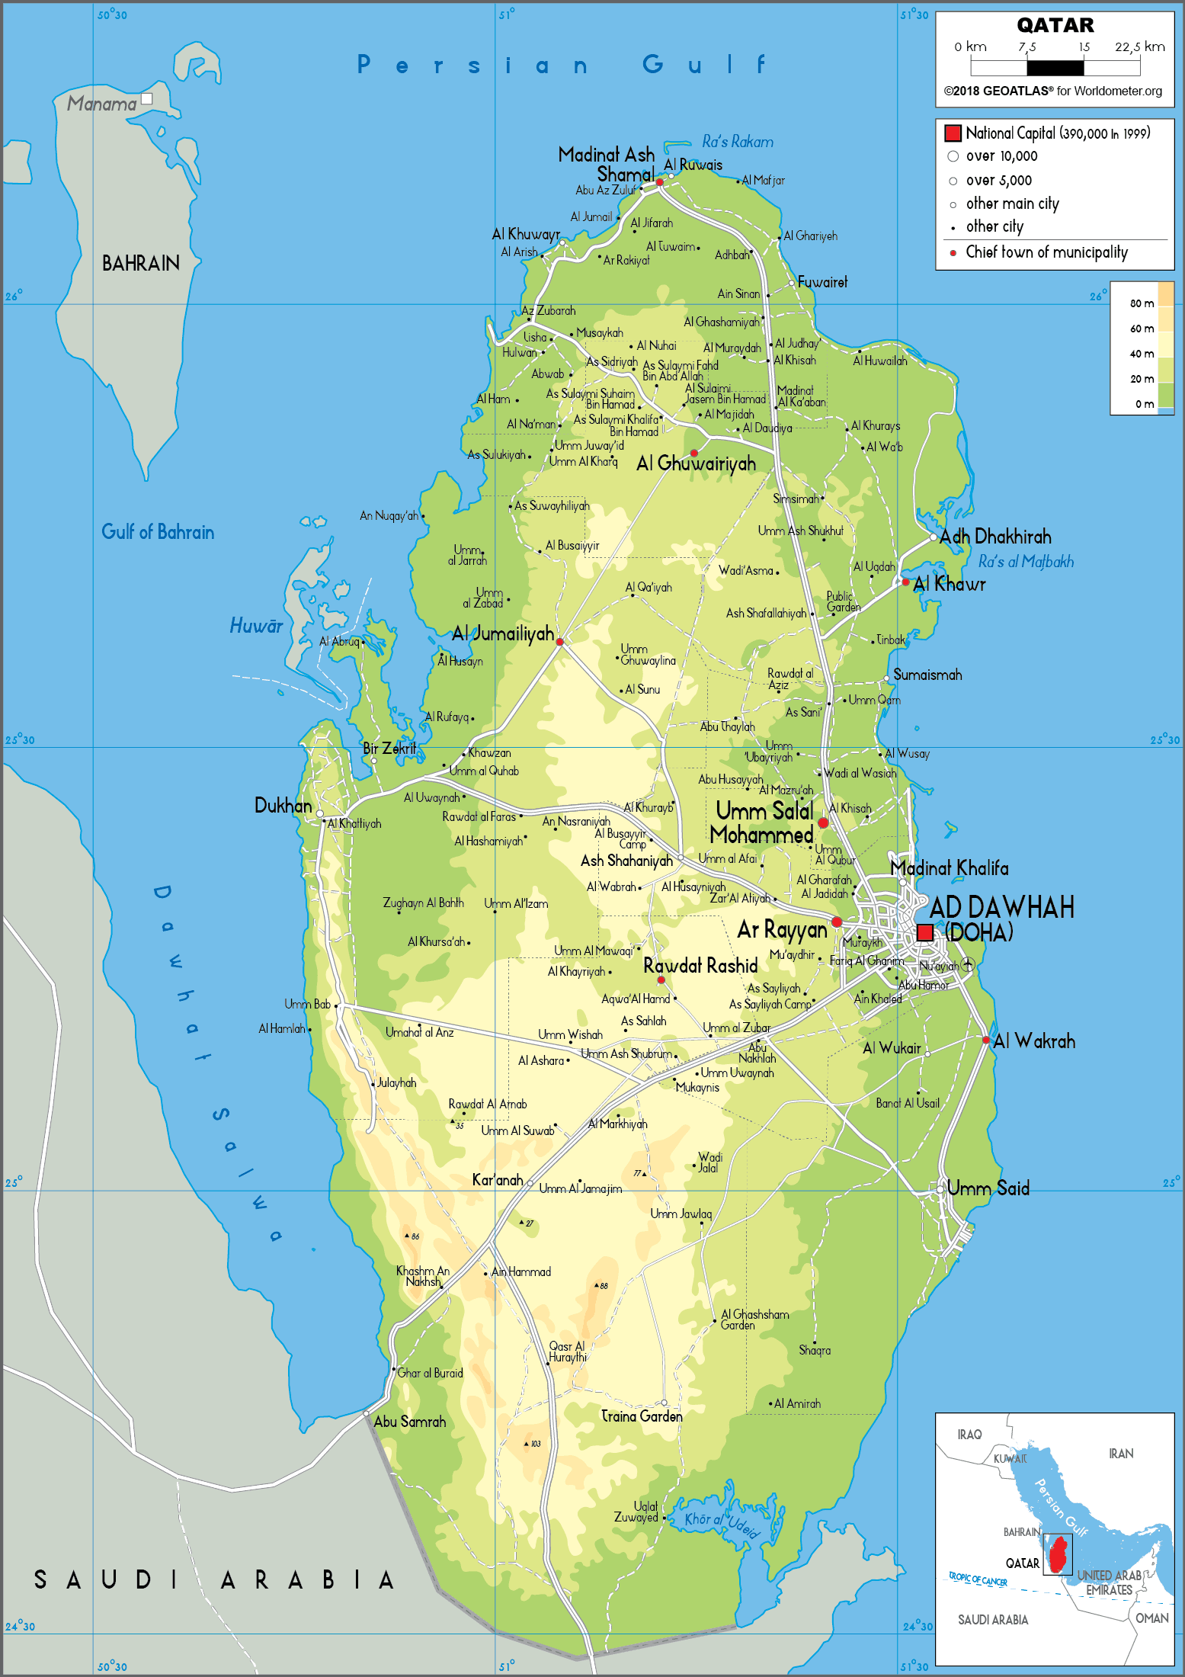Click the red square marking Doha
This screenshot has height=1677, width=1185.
click(x=924, y=932)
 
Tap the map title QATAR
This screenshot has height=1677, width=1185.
click(x=1055, y=25)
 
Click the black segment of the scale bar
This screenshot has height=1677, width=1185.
click(x=1055, y=68)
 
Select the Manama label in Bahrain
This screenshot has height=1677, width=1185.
click(x=101, y=104)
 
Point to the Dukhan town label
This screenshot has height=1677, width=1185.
click(x=283, y=806)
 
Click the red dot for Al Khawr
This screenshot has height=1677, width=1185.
click(x=905, y=582)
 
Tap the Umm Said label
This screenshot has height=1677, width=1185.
click(x=988, y=1188)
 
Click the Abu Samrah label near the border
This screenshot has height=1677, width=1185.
click(x=409, y=1422)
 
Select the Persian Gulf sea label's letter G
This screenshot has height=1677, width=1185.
click(x=653, y=65)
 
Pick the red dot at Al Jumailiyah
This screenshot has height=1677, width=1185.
click(x=559, y=642)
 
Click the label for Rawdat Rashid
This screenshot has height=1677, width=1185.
click(x=700, y=966)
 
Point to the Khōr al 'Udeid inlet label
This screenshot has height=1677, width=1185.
click(x=721, y=1523)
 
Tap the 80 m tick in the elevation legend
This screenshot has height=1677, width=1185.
click(x=1141, y=303)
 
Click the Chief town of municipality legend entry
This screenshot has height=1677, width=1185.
click(x=1046, y=252)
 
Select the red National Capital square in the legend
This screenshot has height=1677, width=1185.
click(x=953, y=133)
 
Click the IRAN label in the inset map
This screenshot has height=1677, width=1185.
click(x=1120, y=1454)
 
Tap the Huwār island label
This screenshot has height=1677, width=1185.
click(x=256, y=626)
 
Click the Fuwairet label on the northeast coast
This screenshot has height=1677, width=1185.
click(x=822, y=282)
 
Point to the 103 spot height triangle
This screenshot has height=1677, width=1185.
click(x=527, y=1444)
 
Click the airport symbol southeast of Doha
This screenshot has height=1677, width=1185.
click(x=968, y=964)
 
